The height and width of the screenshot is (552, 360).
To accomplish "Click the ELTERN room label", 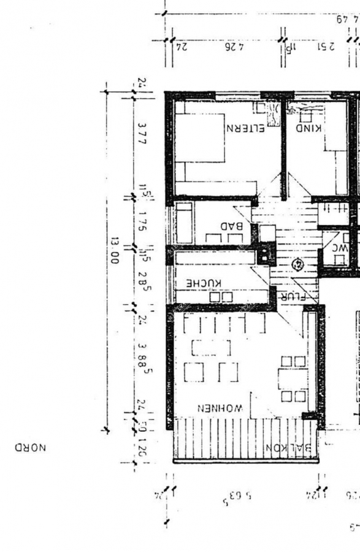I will point(245,129).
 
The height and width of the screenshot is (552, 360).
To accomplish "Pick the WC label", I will point(340,248).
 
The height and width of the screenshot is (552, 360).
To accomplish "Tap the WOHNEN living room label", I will point(221,408).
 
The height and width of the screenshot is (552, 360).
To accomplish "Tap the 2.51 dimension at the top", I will point(320,46).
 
